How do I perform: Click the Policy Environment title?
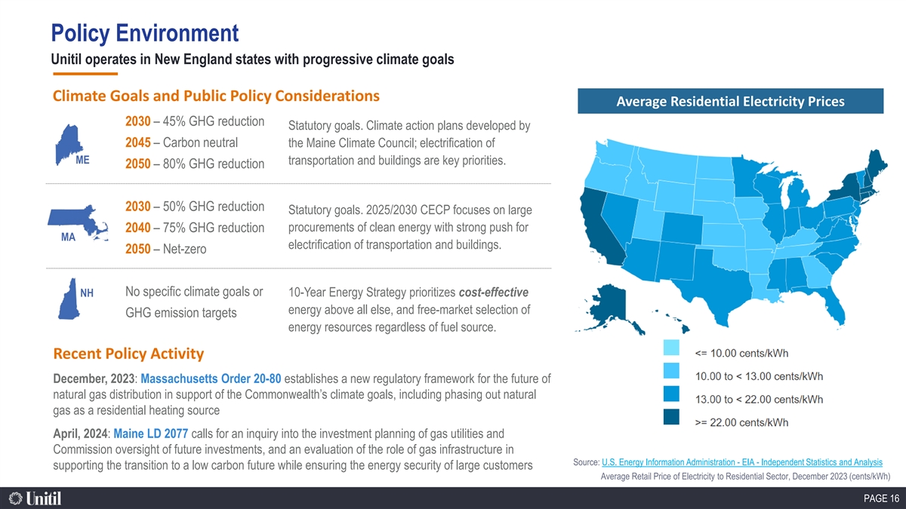click(145, 33)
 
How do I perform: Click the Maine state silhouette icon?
click(68, 144)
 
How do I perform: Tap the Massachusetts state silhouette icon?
click(78, 222)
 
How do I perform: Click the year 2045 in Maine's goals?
click(138, 143)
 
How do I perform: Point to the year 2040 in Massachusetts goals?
click(138, 228)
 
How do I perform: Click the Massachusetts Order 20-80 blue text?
click(211, 379)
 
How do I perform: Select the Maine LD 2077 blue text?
click(150, 434)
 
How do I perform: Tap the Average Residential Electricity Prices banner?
click(731, 101)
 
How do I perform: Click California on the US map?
click(599, 228)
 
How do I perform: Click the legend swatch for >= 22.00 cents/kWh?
click(671, 417)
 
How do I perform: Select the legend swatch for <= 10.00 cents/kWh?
click(671, 348)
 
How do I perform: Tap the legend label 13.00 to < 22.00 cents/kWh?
click(759, 400)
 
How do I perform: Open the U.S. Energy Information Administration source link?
click(741, 462)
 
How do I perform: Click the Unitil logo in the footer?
click(35, 498)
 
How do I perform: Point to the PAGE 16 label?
click(881, 498)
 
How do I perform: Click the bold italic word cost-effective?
click(494, 293)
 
